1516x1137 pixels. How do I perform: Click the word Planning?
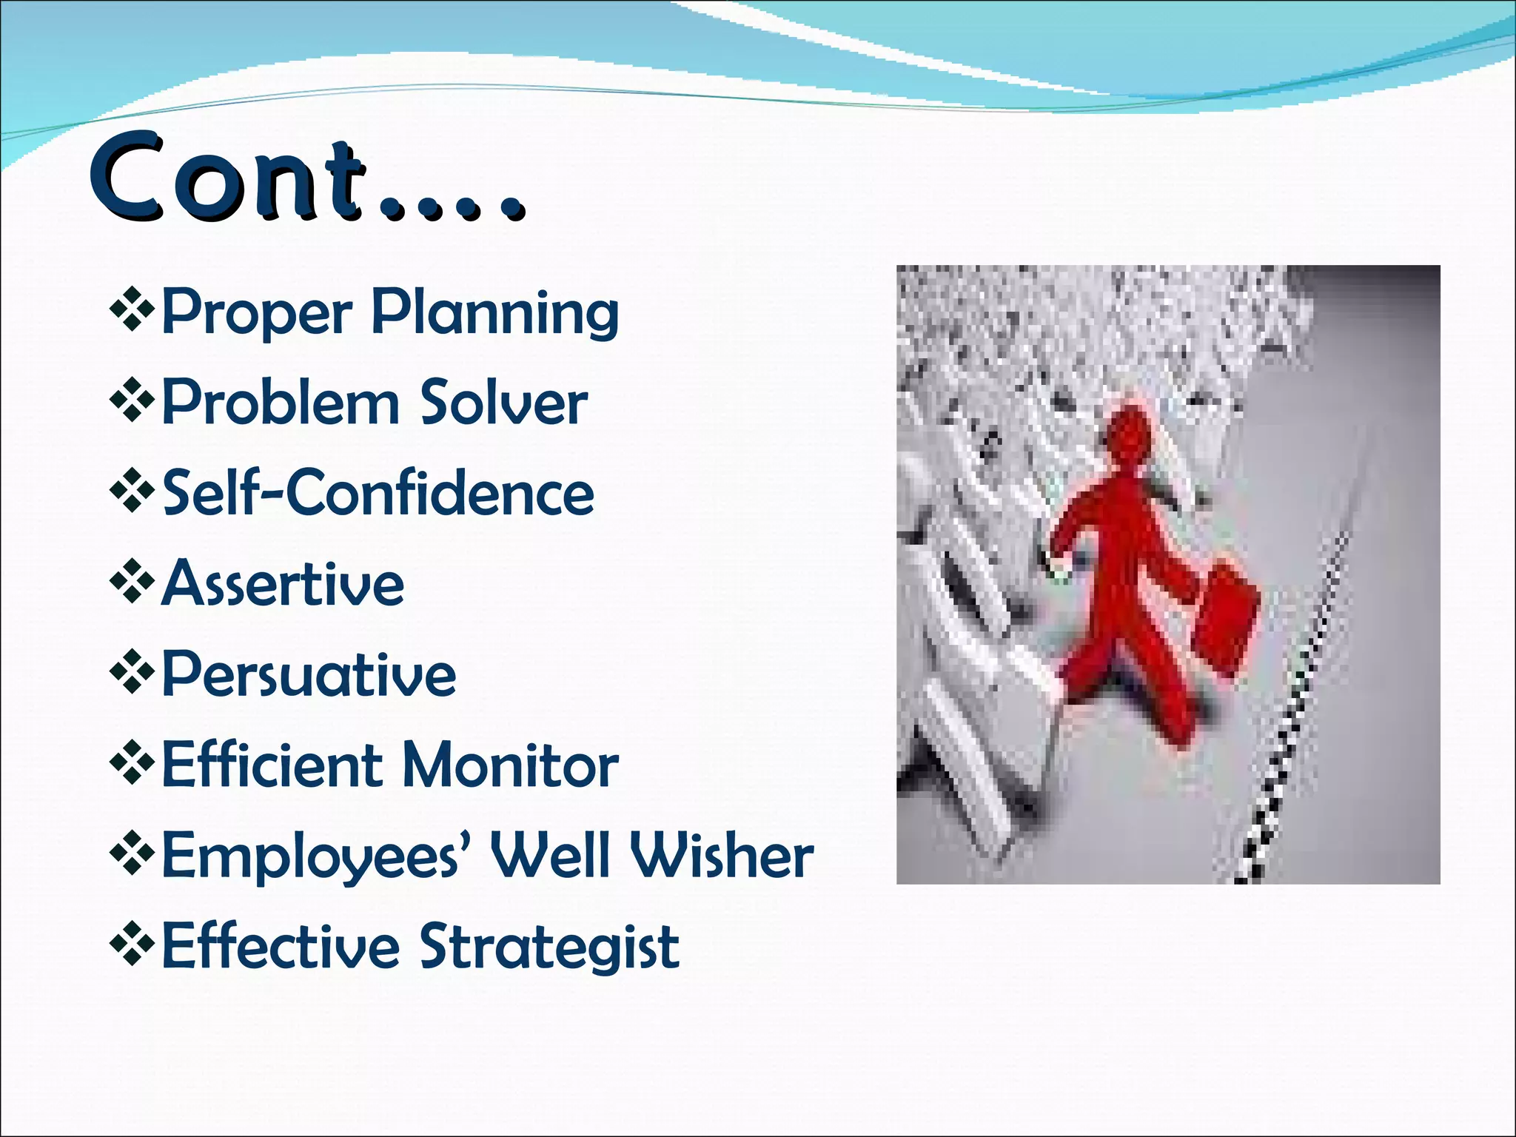tap(494, 313)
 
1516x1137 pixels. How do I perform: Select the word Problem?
tap(281, 403)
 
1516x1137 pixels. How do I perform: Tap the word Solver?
tap(504, 403)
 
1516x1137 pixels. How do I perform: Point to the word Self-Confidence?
tap(378, 494)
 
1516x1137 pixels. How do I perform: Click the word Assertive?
tap(283, 585)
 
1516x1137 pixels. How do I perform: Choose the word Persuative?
tap(309, 675)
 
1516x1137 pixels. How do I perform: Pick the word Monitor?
tap(510, 765)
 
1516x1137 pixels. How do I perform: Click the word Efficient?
tap(272, 765)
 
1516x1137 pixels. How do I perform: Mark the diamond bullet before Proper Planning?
tap(132, 308)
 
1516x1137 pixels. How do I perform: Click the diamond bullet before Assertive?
tap(132, 581)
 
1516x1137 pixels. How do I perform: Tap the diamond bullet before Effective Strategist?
tap(132, 944)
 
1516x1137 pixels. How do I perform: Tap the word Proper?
tap(255, 313)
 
